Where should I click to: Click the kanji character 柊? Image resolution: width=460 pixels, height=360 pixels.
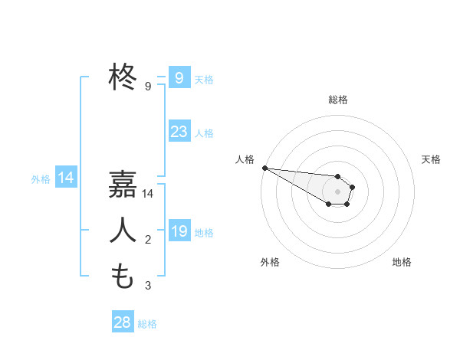click(123, 77)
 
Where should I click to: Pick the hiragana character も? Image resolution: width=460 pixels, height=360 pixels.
click(123, 275)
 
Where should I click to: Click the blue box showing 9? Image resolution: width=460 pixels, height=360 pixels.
click(179, 78)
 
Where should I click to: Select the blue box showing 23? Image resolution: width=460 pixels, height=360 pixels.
click(179, 132)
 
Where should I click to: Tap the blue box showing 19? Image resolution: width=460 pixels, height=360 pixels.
click(179, 231)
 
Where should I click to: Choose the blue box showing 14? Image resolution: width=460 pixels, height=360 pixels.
click(65, 178)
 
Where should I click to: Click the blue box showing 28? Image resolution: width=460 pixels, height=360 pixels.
click(122, 322)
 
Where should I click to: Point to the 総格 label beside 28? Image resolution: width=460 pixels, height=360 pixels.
click(147, 324)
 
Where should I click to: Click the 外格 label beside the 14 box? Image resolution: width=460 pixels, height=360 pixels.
click(41, 179)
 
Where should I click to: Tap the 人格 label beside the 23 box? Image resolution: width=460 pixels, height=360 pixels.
click(204, 133)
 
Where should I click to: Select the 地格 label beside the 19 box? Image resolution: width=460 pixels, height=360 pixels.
click(204, 232)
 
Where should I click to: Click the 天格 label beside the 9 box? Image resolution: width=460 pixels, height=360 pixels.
click(204, 79)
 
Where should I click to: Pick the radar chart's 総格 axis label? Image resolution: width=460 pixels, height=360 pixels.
click(338, 100)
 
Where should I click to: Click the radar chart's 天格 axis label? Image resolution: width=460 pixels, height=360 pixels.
click(432, 159)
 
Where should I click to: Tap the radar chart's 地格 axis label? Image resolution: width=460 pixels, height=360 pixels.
click(402, 262)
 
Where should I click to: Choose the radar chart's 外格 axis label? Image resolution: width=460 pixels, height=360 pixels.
click(270, 262)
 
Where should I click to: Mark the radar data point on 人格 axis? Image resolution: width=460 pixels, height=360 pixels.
click(264, 168)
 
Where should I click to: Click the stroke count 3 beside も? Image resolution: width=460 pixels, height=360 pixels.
click(148, 286)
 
